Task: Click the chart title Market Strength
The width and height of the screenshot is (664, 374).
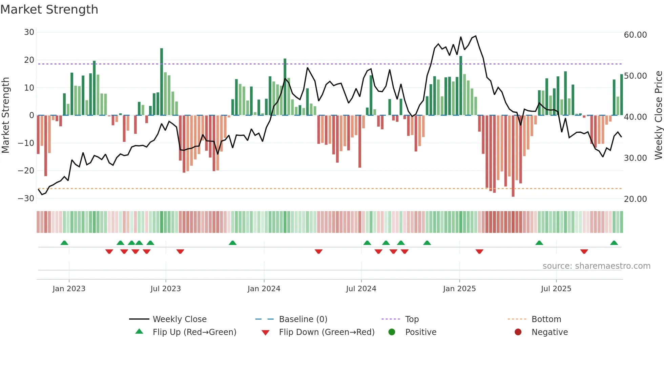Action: click(x=49, y=10)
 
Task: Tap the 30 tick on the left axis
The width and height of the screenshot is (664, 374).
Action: click(x=29, y=32)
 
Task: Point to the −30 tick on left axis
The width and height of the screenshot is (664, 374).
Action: click(x=26, y=199)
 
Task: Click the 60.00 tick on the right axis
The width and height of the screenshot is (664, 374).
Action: click(x=635, y=35)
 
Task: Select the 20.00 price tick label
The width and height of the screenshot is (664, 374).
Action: click(x=635, y=199)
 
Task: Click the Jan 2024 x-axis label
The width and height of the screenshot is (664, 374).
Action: click(x=264, y=289)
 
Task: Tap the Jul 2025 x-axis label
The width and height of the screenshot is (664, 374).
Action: click(x=556, y=289)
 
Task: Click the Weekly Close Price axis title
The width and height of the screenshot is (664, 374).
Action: click(x=658, y=115)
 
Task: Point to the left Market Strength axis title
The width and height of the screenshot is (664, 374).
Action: click(x=5, y=115)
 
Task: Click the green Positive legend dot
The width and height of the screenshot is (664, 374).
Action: click(x=392, y=332)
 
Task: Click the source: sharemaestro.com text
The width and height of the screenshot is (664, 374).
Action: click(x=596, y=266)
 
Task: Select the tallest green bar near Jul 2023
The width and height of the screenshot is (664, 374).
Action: click(x=162, y=81)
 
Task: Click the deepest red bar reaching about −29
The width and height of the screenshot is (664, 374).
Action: click(x=513, y=156)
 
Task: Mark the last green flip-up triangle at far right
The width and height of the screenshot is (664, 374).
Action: click(x=614, y=243)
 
